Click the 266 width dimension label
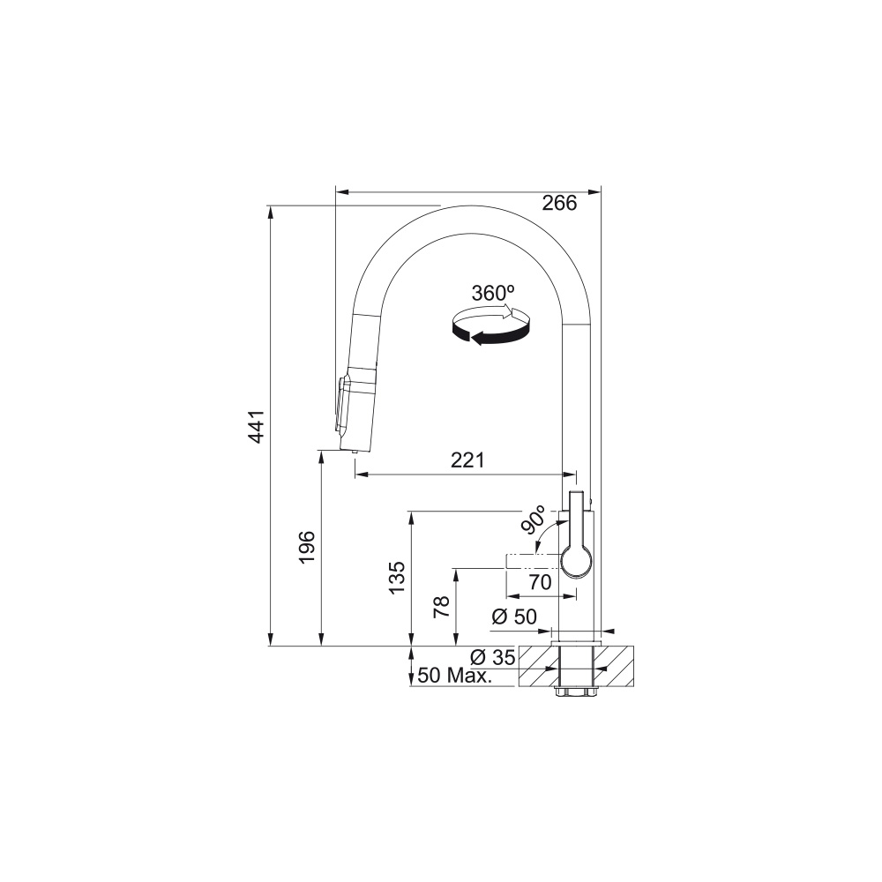[559, 203]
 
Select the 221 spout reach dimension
[467, 460]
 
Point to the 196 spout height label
[306, 548]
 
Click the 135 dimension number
[396, 577]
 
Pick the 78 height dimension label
[442, 608]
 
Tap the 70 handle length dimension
[540, 582]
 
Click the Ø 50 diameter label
[514, 617]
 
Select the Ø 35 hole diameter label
[493, 656]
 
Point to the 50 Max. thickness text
[455, 676]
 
